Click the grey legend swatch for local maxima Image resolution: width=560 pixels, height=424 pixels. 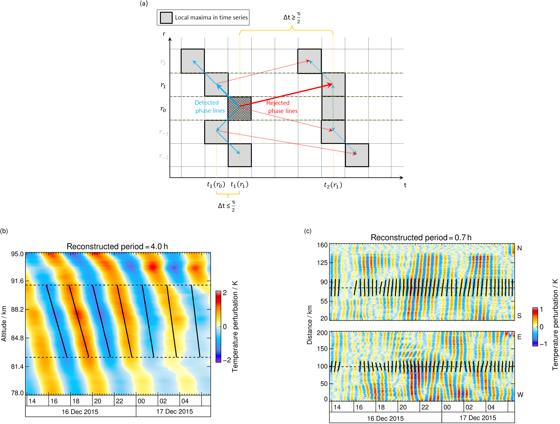pos(166,18)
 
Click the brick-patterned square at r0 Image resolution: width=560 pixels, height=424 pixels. pos(239,108)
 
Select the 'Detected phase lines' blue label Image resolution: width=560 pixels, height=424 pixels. pos(209,106)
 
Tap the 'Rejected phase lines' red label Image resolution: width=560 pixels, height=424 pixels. pos(282,107)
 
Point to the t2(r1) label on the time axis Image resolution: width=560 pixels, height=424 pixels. pos(333,185)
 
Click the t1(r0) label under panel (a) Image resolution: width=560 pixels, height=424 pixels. pos(216,185)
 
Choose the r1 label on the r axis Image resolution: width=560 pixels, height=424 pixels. pos(163,85)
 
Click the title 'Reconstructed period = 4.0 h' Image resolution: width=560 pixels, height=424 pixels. pos(117,246)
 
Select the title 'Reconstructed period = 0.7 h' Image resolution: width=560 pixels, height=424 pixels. pos(421,237)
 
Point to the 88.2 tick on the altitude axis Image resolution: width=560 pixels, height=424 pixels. pos(17,309)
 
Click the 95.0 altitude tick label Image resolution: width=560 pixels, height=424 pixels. pos(17,254)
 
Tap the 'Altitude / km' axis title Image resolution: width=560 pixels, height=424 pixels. pos(4,324)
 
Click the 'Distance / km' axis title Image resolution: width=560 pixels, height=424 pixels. pos(309,325)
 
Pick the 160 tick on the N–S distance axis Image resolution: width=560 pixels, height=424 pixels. pos(322,245)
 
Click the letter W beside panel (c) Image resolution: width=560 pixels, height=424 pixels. pos(520,395)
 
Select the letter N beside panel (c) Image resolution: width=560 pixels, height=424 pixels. pos(519,248)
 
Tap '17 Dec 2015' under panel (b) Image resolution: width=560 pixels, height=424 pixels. pos(174,412)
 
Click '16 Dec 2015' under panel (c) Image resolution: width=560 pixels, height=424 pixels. pos(385,418)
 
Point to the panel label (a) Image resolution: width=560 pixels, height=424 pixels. pos(144,3)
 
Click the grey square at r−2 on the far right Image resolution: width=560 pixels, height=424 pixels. pos(357,155)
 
